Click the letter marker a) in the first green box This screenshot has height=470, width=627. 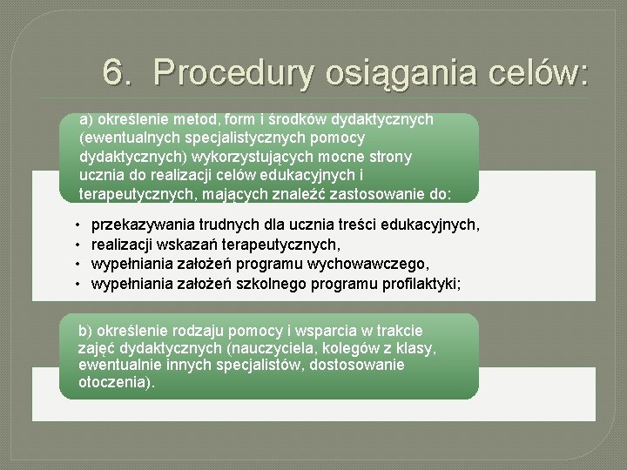pos(85,119)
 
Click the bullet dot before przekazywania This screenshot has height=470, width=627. pos(77,225)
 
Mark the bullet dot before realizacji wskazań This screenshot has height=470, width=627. pos(77,245)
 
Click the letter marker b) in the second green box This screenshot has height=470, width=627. pos(85,331)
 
